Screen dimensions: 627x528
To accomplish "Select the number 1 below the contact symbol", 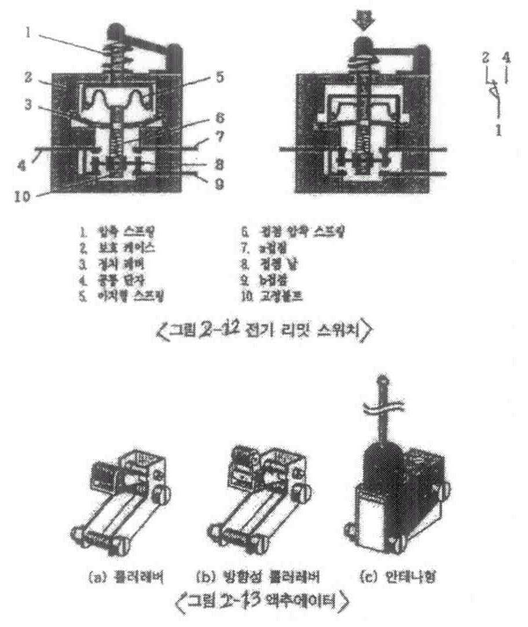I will click(497, 130).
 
